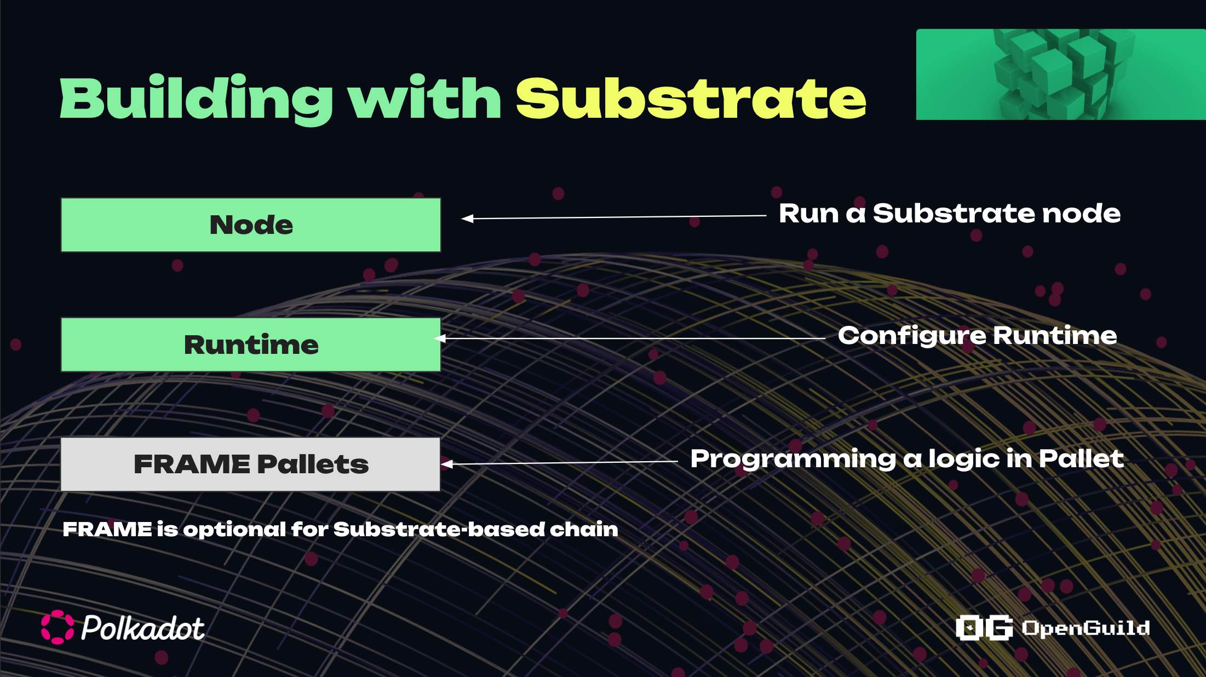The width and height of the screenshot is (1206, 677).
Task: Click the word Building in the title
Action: point(196,99)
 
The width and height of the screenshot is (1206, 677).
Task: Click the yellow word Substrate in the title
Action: point(691,98)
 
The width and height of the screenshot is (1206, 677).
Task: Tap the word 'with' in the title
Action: point(425,97)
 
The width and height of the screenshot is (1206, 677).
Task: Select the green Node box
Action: point(251,225)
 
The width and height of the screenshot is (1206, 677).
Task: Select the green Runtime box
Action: point(251,345)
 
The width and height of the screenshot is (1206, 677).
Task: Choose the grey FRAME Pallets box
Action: point(251,464)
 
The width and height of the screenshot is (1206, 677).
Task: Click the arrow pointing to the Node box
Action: point(613,217)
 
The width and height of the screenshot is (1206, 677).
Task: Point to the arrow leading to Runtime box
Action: point(630,338)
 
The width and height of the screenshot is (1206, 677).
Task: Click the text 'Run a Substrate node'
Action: point(950,213)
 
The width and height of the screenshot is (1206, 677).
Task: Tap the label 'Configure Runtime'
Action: point(978,336)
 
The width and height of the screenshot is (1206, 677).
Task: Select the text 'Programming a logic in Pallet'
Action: point(907,459)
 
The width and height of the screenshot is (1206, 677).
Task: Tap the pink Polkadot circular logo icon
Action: point(58,627)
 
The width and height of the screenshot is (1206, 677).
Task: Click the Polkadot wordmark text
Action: point(143,628)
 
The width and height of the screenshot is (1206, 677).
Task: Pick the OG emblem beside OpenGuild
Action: point(984,628)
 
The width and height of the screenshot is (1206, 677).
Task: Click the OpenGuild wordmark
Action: point(1086,628)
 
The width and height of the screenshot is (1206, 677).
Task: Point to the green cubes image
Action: point(1061,74)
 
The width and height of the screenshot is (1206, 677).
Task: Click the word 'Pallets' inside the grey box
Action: point(313,464)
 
